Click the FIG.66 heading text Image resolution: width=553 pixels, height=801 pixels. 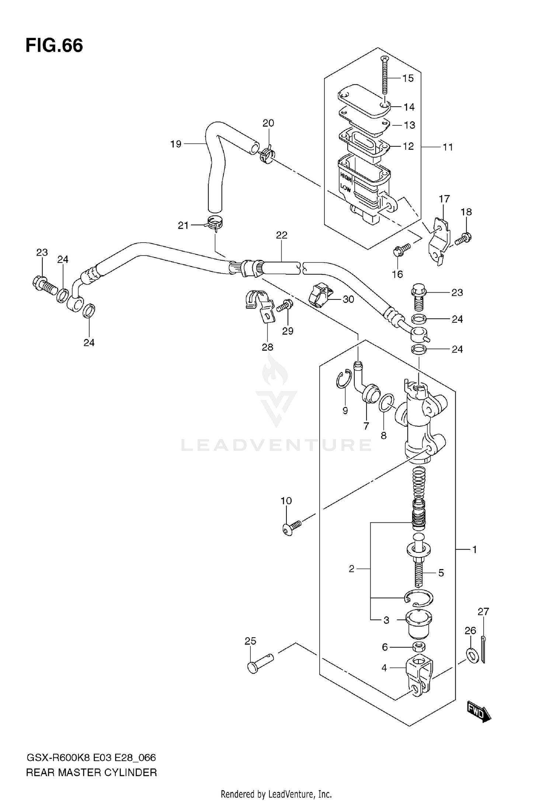click(x=54, y=46)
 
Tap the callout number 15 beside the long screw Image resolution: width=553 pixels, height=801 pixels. click(x=408, y=78)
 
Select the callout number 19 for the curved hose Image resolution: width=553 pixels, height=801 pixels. click(x=176, y=144)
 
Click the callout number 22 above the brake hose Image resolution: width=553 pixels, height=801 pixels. click(x=282, y=235)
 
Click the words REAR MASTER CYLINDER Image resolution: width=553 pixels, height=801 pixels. click(x=91, y=773)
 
